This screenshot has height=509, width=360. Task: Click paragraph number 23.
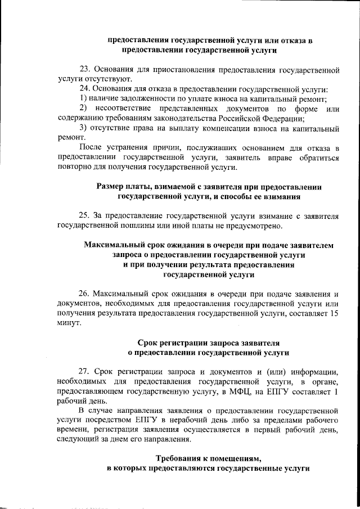click(85, 70)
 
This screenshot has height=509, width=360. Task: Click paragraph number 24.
click(85, 89)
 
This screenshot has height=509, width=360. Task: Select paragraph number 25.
click(85, 215)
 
